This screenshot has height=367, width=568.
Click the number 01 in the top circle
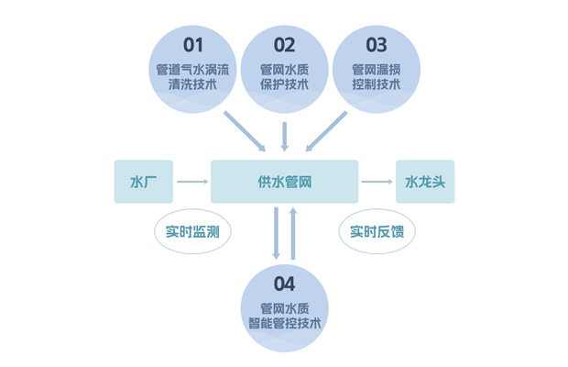[192, 45]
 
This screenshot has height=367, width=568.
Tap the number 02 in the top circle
[284, 45]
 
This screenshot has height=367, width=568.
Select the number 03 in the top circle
[376, 45]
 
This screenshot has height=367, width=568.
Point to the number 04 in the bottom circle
[284, 283]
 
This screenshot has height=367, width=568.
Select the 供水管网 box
[284, 182]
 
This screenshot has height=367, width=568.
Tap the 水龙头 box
[425, 182]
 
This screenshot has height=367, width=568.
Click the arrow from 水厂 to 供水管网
[192, 182]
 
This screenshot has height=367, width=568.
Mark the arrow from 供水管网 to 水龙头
[377, 182]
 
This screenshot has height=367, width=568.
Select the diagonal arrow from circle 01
[245, 131]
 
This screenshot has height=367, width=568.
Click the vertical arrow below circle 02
[284, 136]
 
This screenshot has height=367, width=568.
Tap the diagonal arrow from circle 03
[326, 131]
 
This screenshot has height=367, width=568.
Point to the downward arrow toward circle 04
[276, 233]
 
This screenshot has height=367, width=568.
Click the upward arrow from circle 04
[293, 233]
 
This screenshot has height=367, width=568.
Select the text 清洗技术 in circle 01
[192, 85]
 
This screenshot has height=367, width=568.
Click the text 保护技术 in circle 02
[284, 85]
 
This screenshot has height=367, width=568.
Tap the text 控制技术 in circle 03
[376, 85]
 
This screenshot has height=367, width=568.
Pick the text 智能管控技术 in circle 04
[284, 324]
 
